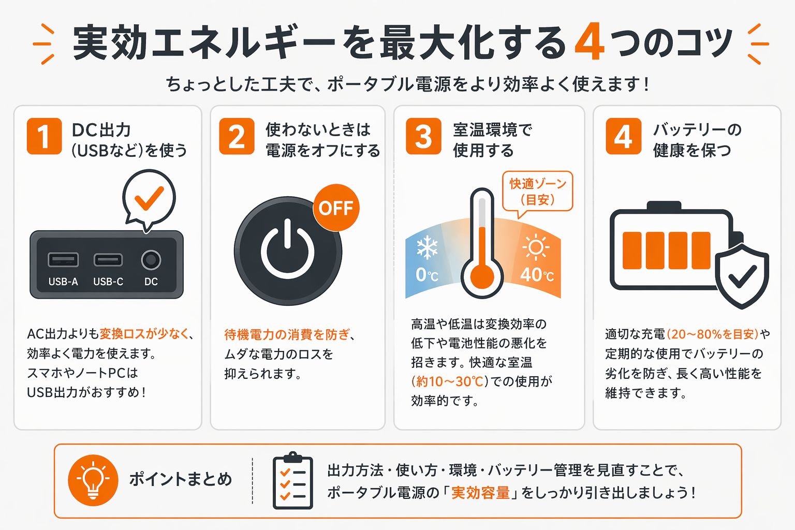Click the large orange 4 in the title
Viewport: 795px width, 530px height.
coord(590,42)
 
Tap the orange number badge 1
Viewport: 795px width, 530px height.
coord(44,137)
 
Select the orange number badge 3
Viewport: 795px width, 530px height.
coord(423,137)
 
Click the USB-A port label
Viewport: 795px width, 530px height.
coord(63,282)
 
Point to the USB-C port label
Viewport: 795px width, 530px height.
coord(108,282)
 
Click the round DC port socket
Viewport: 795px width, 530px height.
coord(151,260)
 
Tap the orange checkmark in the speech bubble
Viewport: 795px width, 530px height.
coord(149,198)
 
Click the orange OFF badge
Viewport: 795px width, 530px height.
coord(336,208)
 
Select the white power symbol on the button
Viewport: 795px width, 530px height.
coord(287,251)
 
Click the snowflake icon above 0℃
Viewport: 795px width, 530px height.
coord(427,248)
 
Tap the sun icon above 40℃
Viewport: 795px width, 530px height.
coord(536,247)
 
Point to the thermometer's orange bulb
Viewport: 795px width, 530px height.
coord(482,277)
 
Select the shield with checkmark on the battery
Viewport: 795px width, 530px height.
coord(742,276)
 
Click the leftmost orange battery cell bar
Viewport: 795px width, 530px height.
coord(632,251)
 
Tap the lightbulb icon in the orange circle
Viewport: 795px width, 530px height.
coord(93,480)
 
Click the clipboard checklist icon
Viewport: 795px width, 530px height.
coord(293,481)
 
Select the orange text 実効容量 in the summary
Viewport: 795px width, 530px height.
coord(480,493)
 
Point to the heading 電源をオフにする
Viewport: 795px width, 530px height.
coord(322,151)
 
